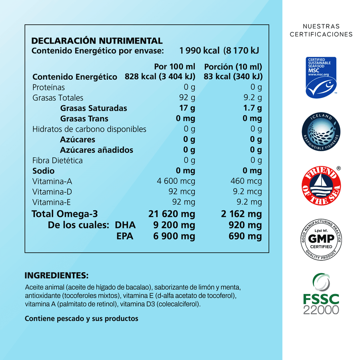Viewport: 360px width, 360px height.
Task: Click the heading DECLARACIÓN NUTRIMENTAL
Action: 97,41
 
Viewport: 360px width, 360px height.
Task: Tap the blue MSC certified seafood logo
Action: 321,77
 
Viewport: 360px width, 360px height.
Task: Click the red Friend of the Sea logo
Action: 321,185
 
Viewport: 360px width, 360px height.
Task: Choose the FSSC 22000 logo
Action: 321,294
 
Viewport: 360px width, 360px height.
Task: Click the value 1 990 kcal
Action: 200,50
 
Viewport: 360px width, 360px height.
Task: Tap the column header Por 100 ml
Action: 174,66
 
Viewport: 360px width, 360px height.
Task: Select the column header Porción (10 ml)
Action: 233,66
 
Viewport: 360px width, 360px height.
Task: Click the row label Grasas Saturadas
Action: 94,108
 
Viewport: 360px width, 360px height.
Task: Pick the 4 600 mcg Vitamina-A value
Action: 176,181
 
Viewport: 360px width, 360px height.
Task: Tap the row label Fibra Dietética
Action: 58,160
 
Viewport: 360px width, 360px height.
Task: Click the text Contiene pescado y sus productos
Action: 82,318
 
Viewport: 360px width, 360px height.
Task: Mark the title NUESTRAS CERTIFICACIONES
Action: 321,30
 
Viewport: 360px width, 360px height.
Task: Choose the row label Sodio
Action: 43,171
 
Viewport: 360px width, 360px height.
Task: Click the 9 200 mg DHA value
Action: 174,225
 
